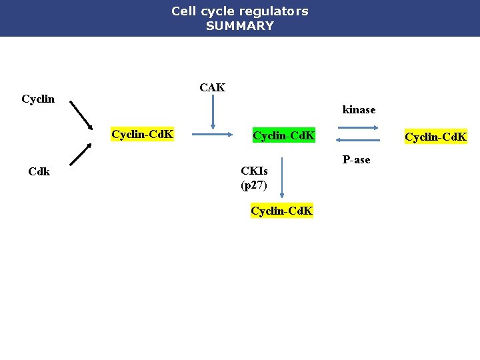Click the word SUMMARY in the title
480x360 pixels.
239,26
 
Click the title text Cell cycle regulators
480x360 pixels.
239,11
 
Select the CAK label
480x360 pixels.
213,87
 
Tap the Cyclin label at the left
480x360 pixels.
38,99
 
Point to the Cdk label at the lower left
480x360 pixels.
39,171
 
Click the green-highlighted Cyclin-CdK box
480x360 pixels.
283,136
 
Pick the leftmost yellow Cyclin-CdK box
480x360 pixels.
143,135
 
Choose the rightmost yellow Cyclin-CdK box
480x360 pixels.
436,137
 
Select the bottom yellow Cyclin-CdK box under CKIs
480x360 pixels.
281,211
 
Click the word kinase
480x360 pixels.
359,109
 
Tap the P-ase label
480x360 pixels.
356,160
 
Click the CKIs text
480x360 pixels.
254,171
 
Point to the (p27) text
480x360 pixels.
253,185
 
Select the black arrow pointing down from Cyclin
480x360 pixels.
81,116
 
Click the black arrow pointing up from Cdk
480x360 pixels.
80,154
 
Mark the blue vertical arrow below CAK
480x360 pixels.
213,112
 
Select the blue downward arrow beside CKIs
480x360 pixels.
282,177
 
